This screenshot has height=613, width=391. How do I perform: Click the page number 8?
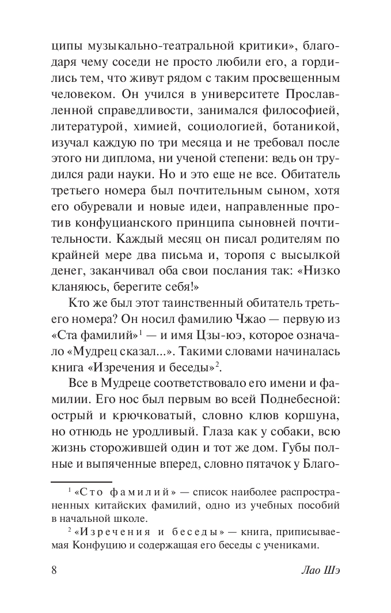(54, 571)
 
